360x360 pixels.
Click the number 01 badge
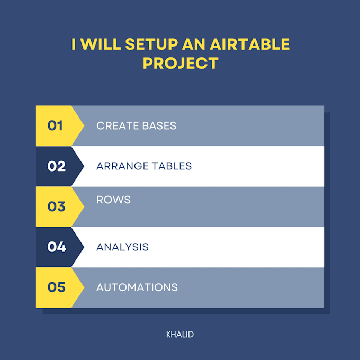coord(56,126)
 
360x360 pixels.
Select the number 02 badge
coord(56,166)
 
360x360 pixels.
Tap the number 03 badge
coord(56,206)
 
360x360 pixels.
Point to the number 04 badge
coord(56,247)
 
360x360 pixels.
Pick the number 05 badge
coord(56,287)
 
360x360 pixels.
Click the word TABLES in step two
coord(172,166)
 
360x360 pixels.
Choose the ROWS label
coord(113,200)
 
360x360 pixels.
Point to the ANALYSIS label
coord(122,247)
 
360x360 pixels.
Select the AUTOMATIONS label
coord(137,287)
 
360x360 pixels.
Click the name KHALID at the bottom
coord(180,335)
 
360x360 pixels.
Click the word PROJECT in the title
coord(181,64)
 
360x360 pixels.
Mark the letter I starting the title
coord(74,44)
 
